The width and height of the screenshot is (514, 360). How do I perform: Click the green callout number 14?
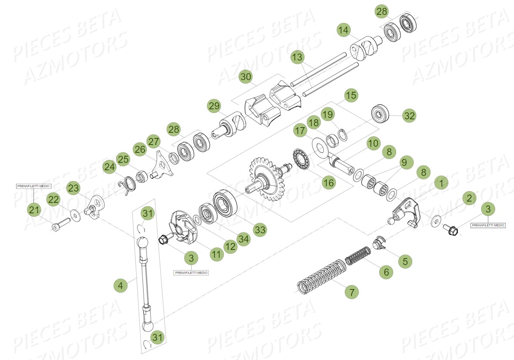pyautogui.click(x=343, y=30)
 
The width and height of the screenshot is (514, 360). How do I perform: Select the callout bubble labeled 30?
pyautogui.click(x=246, y=77)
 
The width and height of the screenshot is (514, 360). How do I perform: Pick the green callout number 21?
pyautogui.click(x=34, y=210)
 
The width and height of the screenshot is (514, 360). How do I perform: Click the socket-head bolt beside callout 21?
pyautogui.click(x=59, y=226)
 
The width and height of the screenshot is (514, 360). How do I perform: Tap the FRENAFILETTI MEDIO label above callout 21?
pyautogui.click(x=34, y=186)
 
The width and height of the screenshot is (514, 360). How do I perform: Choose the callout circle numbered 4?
pyautogui.click(x=121, y=286)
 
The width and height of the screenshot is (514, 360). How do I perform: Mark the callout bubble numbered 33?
pyautogui.click(x=260, y=230)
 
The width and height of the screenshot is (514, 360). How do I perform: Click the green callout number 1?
pyautogui.click(x=441, y=183)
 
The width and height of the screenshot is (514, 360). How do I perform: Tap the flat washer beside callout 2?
pyautogui.click(x=435, y=221)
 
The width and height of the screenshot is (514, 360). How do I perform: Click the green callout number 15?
pyautogui.click(x=351, y=95)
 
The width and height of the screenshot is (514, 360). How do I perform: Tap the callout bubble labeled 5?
pyautogui.click(x=405, y=261)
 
